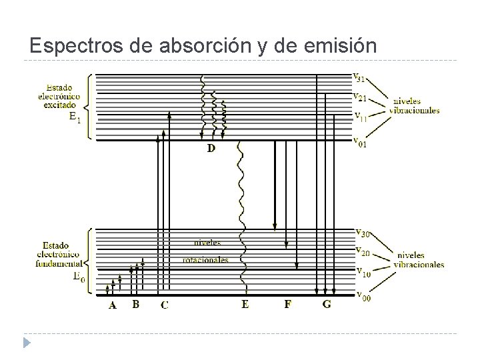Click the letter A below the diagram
point(112,305)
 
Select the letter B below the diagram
point(136,305)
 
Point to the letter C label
point(164,305)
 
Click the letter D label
point(211,148)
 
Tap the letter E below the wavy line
point(245,305)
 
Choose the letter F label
point(287,305)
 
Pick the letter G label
point(326,305)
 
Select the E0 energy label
point(78,275)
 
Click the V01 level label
point(359,142)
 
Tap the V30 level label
point(361,233)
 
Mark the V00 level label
point(361,296)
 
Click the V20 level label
point(361,251)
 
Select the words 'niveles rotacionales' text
point(205,251)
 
